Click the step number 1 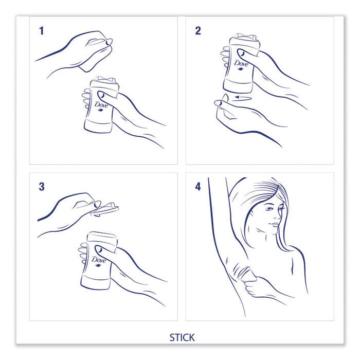click(x=41, y=31)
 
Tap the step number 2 click(x=198, y=31)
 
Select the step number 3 click(x=42, y=187)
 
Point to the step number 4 click(x=198, y=187)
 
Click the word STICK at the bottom click(x=182, y=337)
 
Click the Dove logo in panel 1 click(x=101, y=106)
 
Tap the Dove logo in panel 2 click(x=241, y=64)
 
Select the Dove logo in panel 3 click(x=99, y=261)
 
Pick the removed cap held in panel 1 click(x=95, y=55)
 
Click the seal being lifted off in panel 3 click(x=105, y=209)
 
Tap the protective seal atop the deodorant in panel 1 click(x=105, y=80)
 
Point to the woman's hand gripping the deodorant click(x=253, y=288)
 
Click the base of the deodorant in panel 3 click(x=96, y=282)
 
